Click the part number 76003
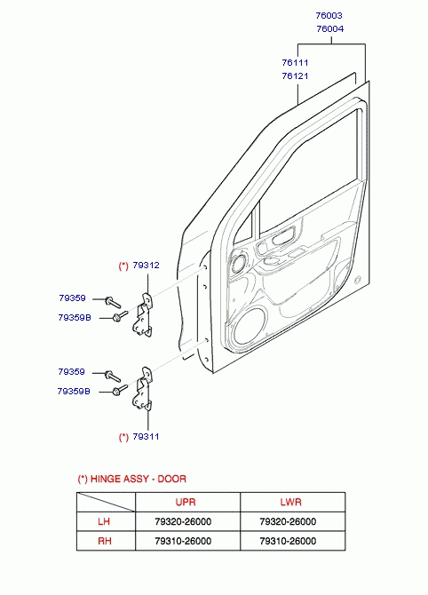click(x=329, y=16)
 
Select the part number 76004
click(x=330, y=28)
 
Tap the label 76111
click(x=295, y=63)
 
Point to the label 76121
click(x=295, y=75)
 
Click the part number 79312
click(x=147, y=266)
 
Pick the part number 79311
click(x=147, y=437)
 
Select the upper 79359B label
click(x=75, y=318)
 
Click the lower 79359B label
click(x=74, y=392)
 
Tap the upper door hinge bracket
click(x=143, y=314)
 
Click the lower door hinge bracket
click(x=143, y=389)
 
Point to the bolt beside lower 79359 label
click(x=112, y=376)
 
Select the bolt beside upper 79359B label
click(x=120, y=316)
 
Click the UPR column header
click(x=186, y=502)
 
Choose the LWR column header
click(x=290, y=502)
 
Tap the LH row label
click(x=104, y=521)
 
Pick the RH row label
click(x=105, y=541)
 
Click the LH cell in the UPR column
click(x=183, y=522)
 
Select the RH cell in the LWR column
click(x=288, y=541)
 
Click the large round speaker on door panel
click(x=250, y=326)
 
